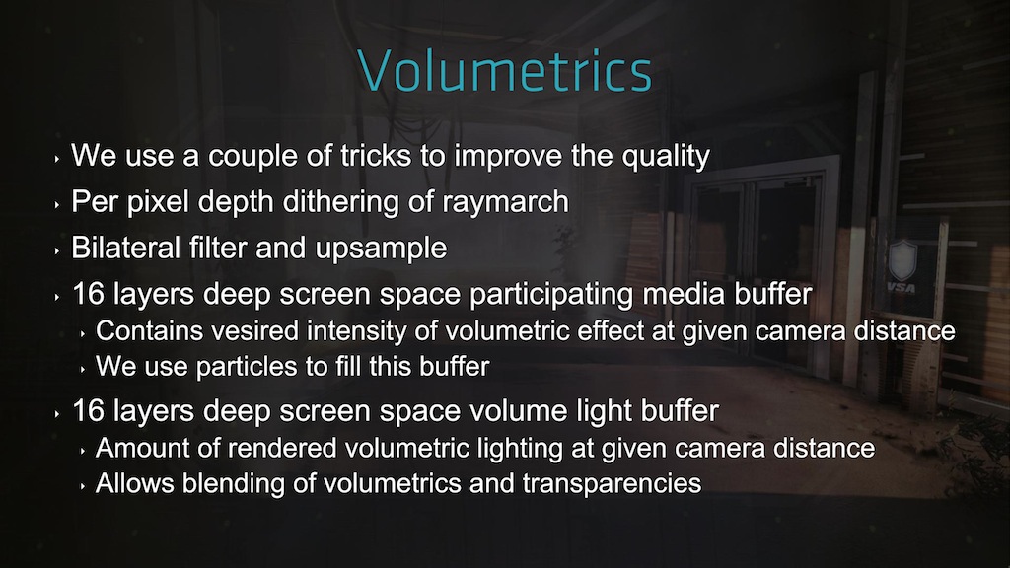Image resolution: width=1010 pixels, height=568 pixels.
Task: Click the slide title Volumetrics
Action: pos(504,70)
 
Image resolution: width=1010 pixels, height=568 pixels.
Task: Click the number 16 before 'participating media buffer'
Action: pos(88,294)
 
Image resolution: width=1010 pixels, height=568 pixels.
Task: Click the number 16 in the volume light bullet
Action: pos(88,411)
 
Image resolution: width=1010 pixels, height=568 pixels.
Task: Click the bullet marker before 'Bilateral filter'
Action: pos(57,250)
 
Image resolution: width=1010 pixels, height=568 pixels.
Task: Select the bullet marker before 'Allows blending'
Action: pos(83,486)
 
